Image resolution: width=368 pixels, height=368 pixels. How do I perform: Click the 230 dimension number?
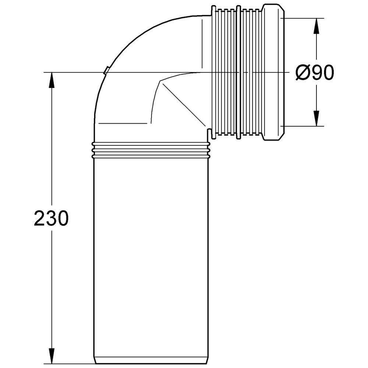[x=51, y=218]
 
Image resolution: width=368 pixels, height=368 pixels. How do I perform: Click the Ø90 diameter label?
[x=315, y=72]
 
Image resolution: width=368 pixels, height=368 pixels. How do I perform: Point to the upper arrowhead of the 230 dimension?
[x=52, y=80]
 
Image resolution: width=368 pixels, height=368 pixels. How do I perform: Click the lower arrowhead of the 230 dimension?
[x=52, y=357]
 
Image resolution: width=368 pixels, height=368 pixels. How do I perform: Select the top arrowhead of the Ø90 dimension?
[x=316, y=26]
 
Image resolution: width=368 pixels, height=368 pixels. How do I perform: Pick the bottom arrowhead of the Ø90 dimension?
[x=316, y=118]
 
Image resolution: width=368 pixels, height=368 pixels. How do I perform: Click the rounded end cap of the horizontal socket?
[x=273, y=72]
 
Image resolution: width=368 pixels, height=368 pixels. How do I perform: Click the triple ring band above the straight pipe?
[x=151, y=150]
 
